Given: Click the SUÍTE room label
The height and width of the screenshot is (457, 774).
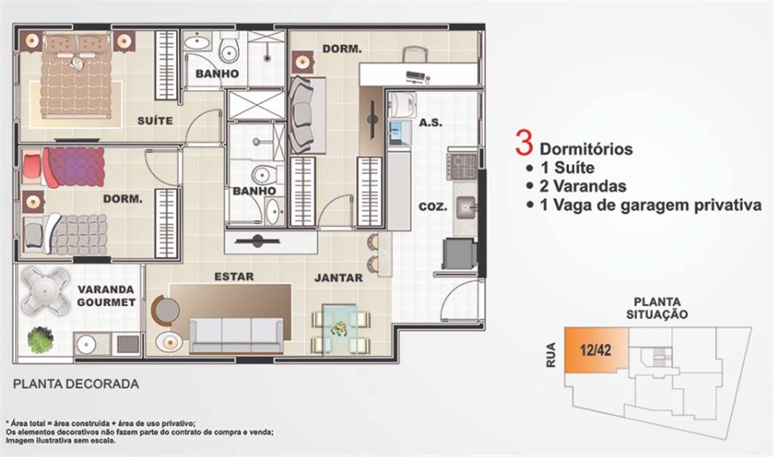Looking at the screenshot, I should coord(155,120).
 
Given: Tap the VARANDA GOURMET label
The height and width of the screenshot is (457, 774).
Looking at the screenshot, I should coord(106,296).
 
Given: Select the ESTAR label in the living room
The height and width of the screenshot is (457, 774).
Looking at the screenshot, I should coord(234,277).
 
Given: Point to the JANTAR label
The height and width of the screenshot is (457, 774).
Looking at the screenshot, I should coord(338,278).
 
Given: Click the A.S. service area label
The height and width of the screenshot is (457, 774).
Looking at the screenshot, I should coord(430,122).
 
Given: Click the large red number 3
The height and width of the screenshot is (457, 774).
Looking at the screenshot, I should coord(522,143).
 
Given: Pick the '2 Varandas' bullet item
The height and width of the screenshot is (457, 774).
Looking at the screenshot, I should coord(584,186).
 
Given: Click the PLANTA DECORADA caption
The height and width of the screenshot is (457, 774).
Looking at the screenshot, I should coord(76,384).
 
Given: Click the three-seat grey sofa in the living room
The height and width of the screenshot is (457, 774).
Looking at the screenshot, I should coord(236,334).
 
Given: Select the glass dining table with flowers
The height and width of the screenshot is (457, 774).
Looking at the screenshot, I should coord(339,329).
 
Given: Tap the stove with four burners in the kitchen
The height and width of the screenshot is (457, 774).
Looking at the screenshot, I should coord(461,165).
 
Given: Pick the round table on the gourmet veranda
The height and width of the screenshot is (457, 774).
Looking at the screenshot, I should coord(43,290).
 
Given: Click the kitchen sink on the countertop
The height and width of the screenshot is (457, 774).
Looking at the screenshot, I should coord(466,204).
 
